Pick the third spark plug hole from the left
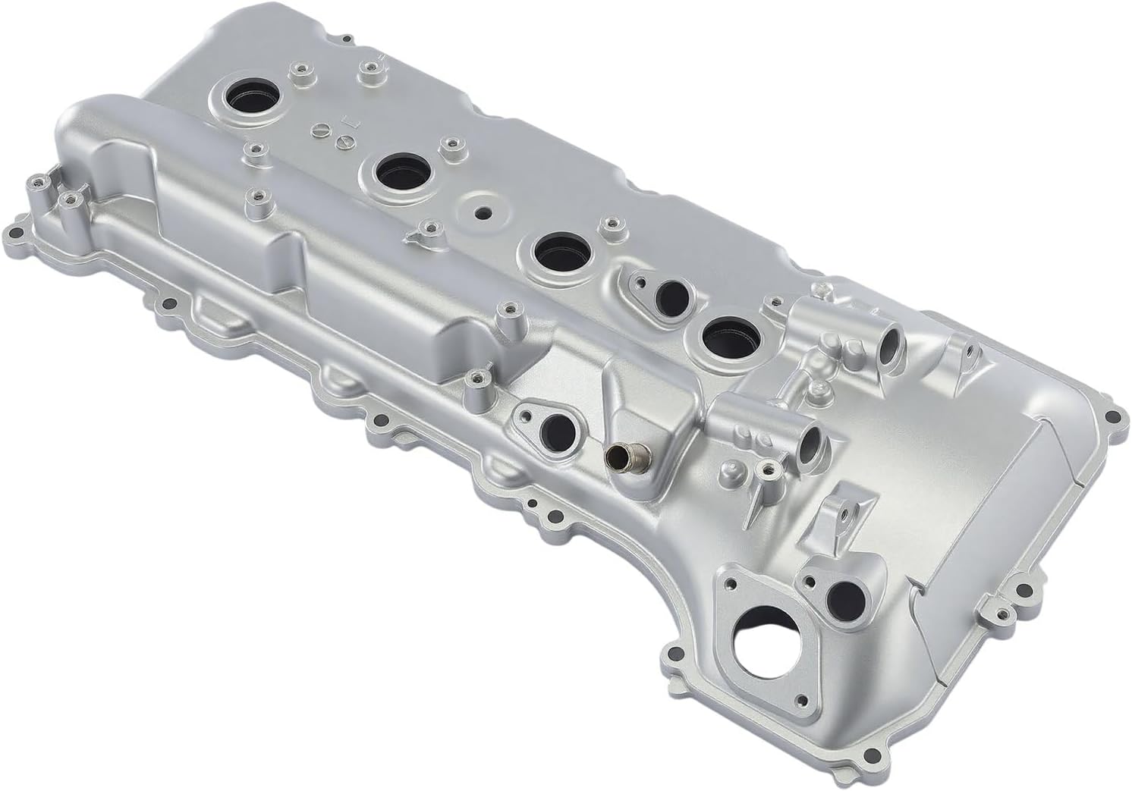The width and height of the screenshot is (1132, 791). (560, 251)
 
